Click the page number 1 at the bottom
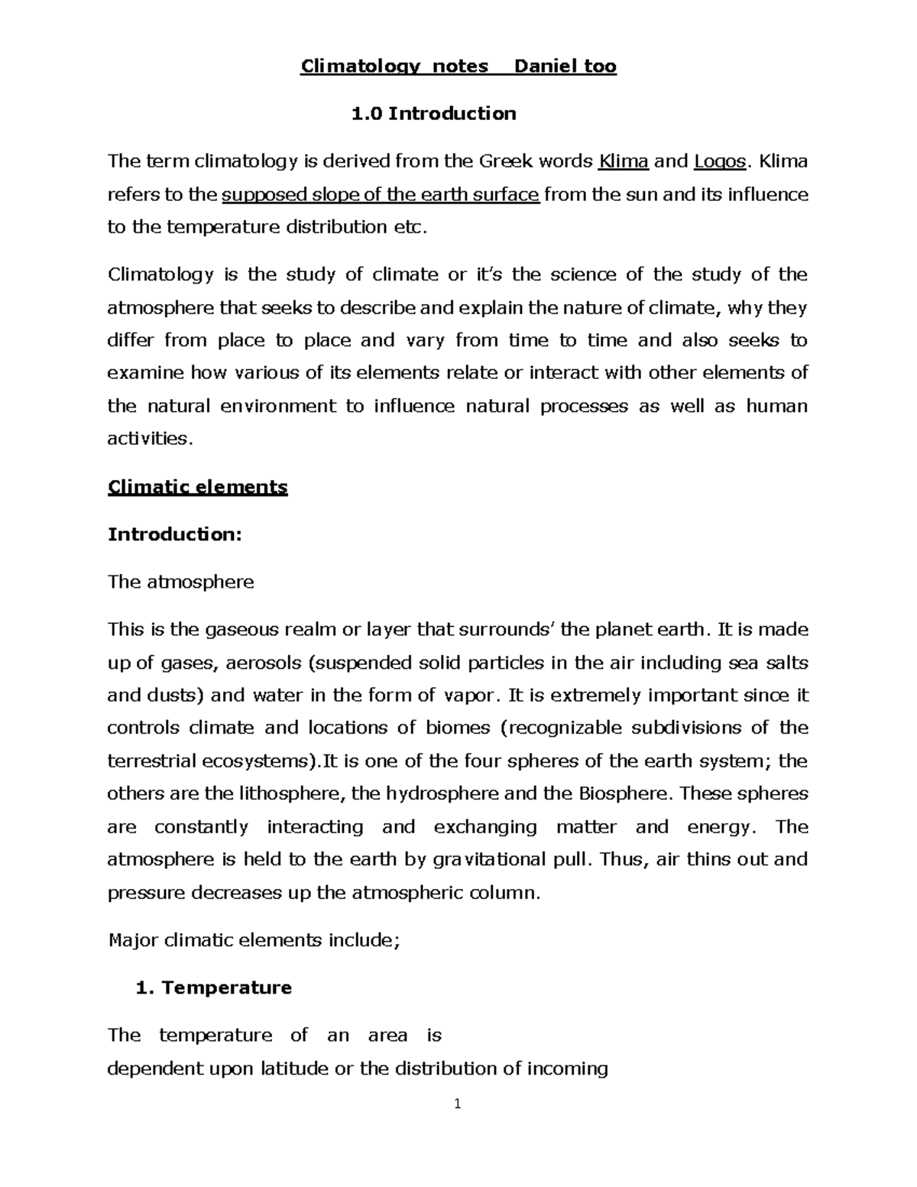click(457, 1104)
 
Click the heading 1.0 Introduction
click(433, 114)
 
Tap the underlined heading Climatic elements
click(198, 488)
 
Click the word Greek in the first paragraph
click(505, 162)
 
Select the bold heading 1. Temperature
click(213, 988)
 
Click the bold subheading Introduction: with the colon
click(175, 534)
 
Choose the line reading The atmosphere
click(180, 582)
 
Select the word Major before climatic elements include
click(133, 940)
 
